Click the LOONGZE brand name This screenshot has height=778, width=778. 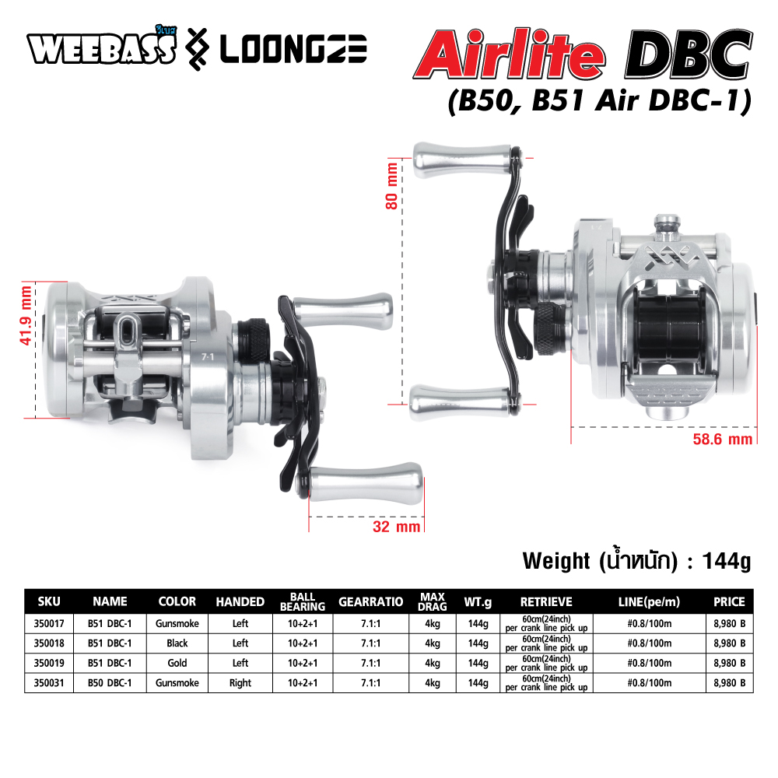pos(293,50)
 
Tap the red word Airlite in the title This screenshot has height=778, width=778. pos(509,54)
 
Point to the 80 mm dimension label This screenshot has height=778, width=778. pos(391,186)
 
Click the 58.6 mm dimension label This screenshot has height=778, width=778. pos(723,439)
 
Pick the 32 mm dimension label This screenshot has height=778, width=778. pos(397,527)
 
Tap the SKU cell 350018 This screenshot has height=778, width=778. pos(49,643)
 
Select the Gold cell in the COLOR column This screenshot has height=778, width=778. pos(177,663)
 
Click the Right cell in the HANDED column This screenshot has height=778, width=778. pos(240,683)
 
